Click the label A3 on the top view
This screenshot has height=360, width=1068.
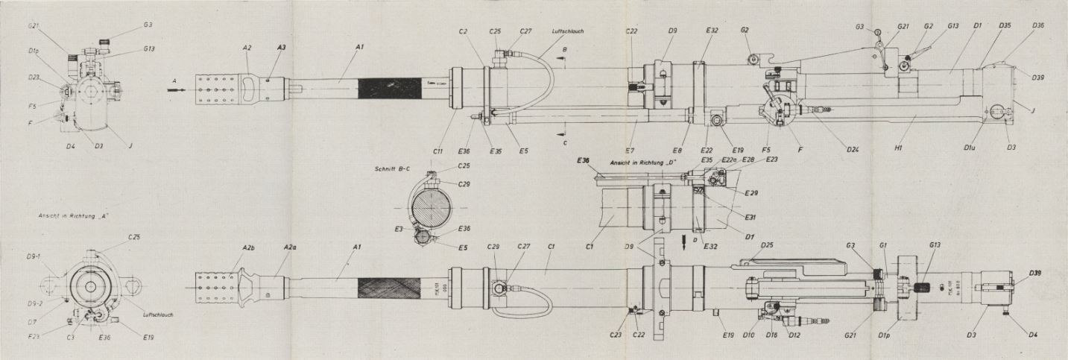[281, 46]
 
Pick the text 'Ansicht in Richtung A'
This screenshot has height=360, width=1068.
[67, 216]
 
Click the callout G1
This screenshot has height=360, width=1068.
[885, 245]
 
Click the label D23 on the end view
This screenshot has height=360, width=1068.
[34, 78]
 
